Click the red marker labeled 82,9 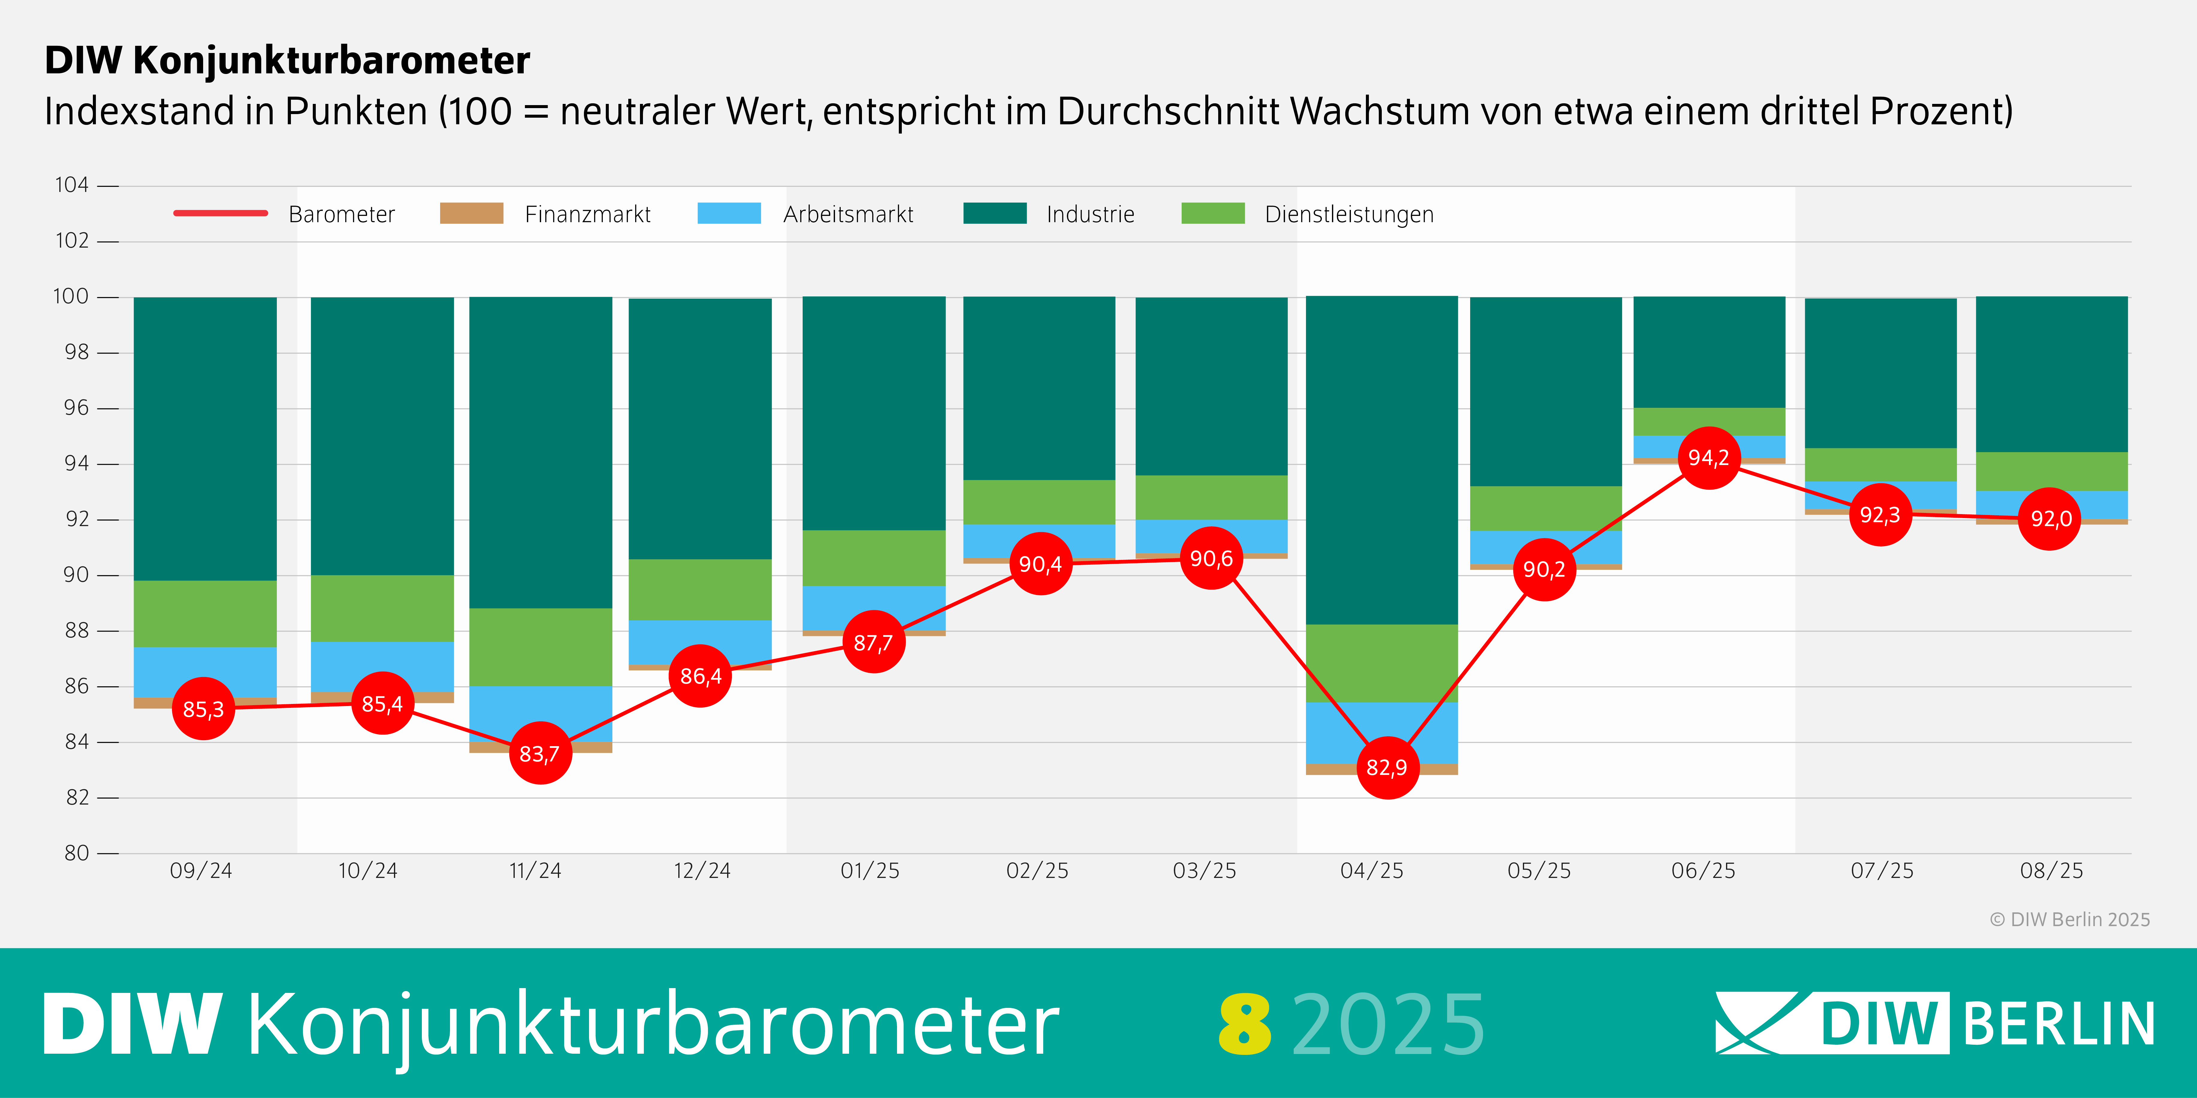(x=1387, y=767)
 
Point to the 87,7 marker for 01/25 (x=873, y=642)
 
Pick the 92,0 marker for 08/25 (x=2050, y=518)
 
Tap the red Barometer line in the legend (x=221, y=213)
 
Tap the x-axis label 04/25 (x=1371, y=870)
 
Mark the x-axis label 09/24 (x=201, y=870)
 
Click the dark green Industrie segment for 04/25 (x=1382, y=460)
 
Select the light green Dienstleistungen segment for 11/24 (x=541, y=647)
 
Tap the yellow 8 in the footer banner (x=1244, y=1024)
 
